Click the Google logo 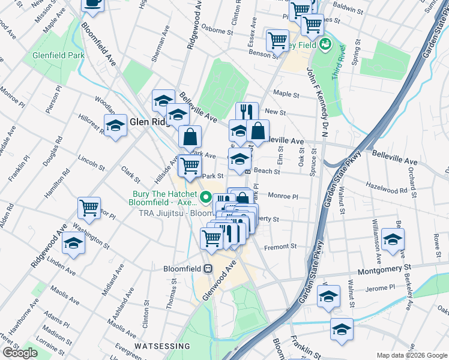[20, 353]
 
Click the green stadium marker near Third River [325, 44]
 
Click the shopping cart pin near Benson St [277, 41]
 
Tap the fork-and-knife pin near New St [247, 112]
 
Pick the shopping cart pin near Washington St [89, 208]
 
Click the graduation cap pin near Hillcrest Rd [116, 125]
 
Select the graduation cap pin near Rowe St [393, 239]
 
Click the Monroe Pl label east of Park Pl [283, 196]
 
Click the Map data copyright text [412, 355]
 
